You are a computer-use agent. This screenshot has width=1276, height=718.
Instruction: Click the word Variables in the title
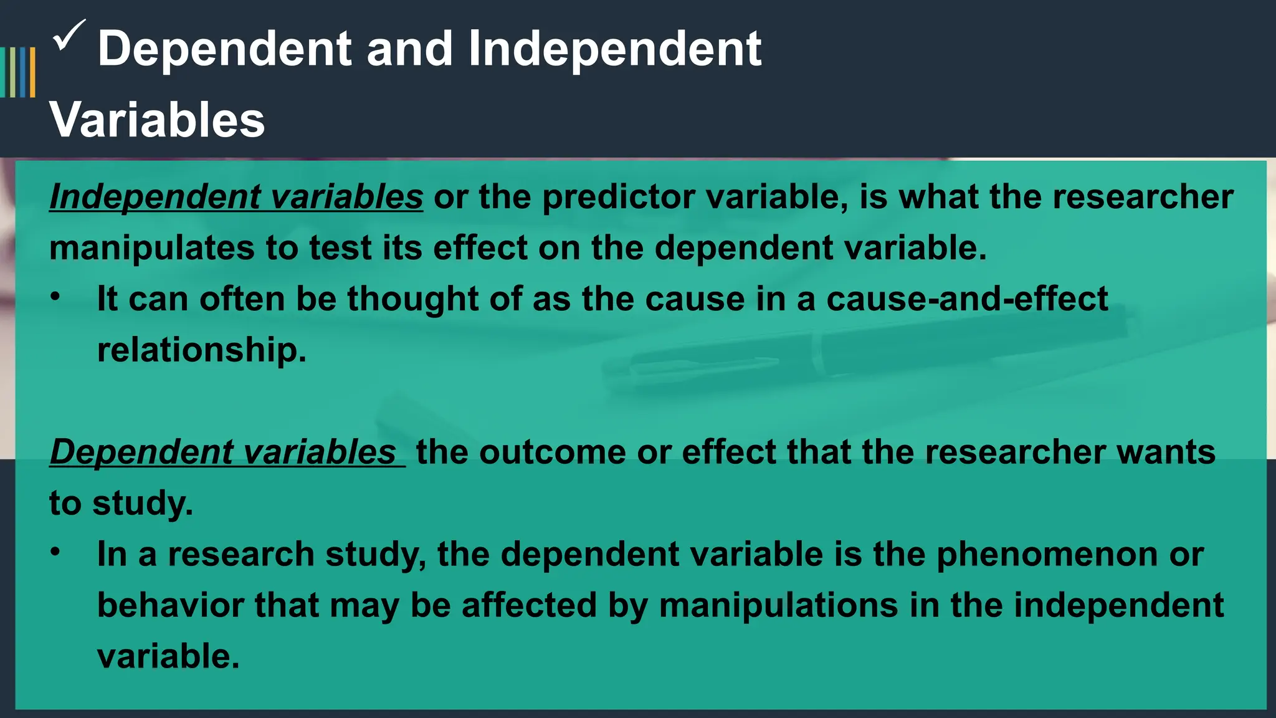pos(157,120)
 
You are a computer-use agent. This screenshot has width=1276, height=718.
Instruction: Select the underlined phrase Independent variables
pos(236,197)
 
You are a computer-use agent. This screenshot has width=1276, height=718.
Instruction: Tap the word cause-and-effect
pos(967,299)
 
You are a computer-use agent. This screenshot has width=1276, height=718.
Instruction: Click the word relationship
pos(201,350)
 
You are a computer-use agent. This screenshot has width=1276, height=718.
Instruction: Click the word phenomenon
pos(1047,554)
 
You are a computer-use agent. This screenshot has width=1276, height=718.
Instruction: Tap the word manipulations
pos(778,605)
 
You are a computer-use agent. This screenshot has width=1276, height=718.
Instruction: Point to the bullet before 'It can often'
pos(56,297)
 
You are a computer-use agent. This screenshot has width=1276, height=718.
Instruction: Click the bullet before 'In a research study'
pos(56,552)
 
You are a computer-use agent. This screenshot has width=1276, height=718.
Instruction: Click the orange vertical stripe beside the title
pos(32,72)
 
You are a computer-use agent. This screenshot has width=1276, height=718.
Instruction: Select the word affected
pos(529,605)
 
